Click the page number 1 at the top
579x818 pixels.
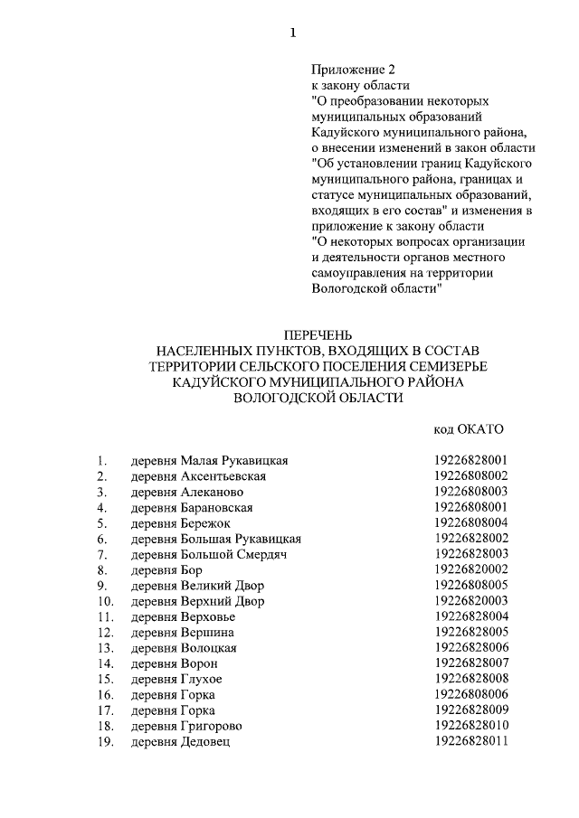(292, 33)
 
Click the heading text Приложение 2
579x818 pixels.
(354, 70)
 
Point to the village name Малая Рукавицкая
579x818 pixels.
(238, 460)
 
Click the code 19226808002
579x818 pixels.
(470, 475)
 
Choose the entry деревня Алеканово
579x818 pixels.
(187, 492)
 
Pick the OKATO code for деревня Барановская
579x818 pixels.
(470, 507)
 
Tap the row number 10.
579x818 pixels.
(105, 601)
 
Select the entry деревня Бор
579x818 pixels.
(166, 569)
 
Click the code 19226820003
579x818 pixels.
(470, 601)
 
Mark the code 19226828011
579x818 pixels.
(470, 741)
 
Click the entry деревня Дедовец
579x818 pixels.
(181, 741)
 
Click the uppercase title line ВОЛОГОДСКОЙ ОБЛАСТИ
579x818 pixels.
(316, 398)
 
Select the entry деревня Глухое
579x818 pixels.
(176, 679)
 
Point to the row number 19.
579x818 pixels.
(105, 741)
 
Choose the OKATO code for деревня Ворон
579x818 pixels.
(470, 663)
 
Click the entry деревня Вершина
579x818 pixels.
(183, 632)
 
